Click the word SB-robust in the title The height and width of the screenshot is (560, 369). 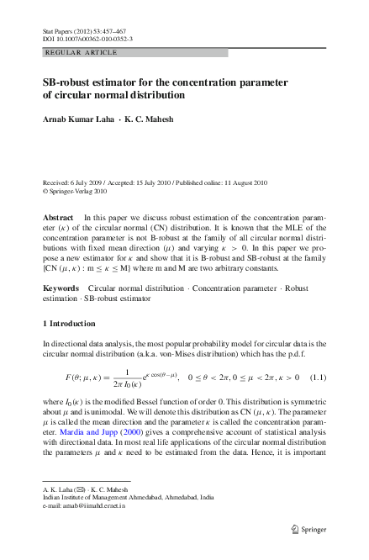pyautogui.click(x=73, y=82)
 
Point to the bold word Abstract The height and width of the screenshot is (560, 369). pyautogui.click(x=57, y=217)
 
